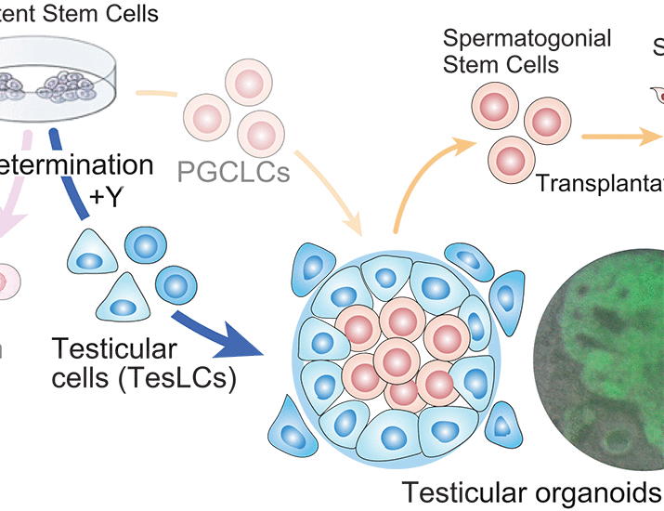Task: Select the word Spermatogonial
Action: point(527,39)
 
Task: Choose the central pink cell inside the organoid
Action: point(402,357)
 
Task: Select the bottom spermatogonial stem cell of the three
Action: point(508,156)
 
